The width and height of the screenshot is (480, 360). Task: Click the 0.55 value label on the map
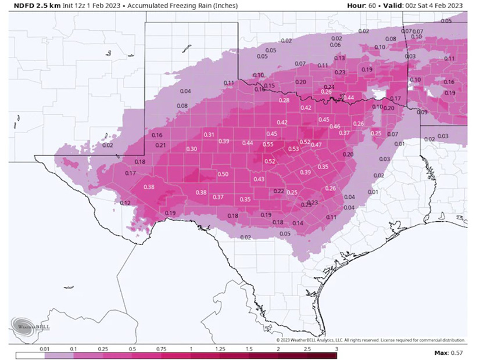[x=268, y=145]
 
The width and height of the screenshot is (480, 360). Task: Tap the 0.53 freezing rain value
[x=293, y=149]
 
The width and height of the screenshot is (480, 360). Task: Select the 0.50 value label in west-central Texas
[x=223, y=174]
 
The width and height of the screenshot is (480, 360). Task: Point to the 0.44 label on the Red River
[x=348, y=97]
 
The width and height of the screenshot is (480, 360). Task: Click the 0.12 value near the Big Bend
[x=124, y=203]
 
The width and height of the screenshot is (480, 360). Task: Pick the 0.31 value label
[x=209, y=135]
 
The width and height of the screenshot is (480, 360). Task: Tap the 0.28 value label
[x=284, y=100]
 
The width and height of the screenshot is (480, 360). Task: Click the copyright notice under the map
[x=370, y=340]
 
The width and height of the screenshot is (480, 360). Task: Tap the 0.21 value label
[x=161, y=145]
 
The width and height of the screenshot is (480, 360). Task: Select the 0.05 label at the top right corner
[x=446, y=21]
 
